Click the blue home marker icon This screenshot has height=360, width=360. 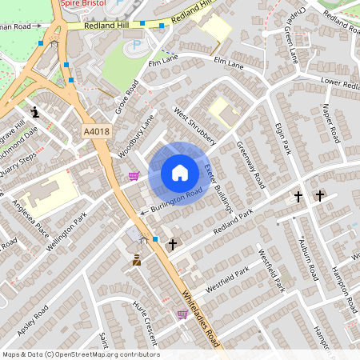(x=180, y=172)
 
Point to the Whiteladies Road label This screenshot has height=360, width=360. (x=202, y=316)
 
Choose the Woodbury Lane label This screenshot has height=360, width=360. (x=134, y=137)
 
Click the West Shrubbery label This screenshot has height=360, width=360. (x=196, y=126)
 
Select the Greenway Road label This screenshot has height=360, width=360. (x=250, y=164)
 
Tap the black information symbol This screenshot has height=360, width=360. (x=34, y=111)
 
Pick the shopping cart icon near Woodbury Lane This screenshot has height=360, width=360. (x=134, y=176)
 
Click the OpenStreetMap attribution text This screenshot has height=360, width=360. (x=80, y=354)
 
